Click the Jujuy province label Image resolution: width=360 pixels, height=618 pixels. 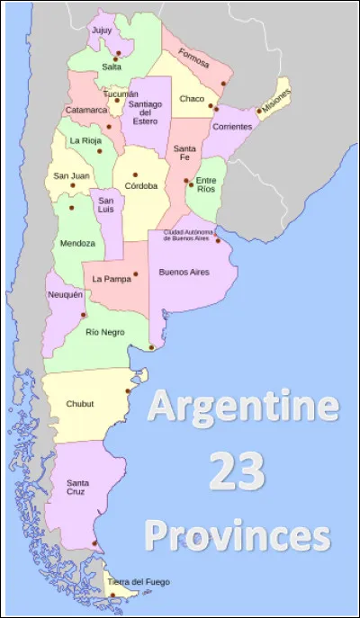coord(102,30)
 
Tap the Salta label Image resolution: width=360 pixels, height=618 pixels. coord(112,67)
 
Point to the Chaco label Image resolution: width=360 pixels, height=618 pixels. coord(192,98)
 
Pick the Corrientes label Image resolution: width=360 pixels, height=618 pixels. coord(232,127)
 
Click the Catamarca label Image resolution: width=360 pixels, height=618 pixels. coord(86,111)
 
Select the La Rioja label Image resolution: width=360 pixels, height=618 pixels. coord(85,141)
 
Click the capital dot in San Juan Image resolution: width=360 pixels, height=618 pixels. coord(72,186)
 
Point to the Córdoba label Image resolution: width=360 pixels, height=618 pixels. coord(141,186)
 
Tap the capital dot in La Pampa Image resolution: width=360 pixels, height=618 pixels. coord(135,273)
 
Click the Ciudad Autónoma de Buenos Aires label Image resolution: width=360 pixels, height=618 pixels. coord(186,234)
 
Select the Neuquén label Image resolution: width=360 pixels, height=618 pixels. coord(66,295)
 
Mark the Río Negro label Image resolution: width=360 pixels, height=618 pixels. coord(104,332)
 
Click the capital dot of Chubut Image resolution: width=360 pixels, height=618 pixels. coord(128,391)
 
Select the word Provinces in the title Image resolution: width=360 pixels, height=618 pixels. coord(238,535)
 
